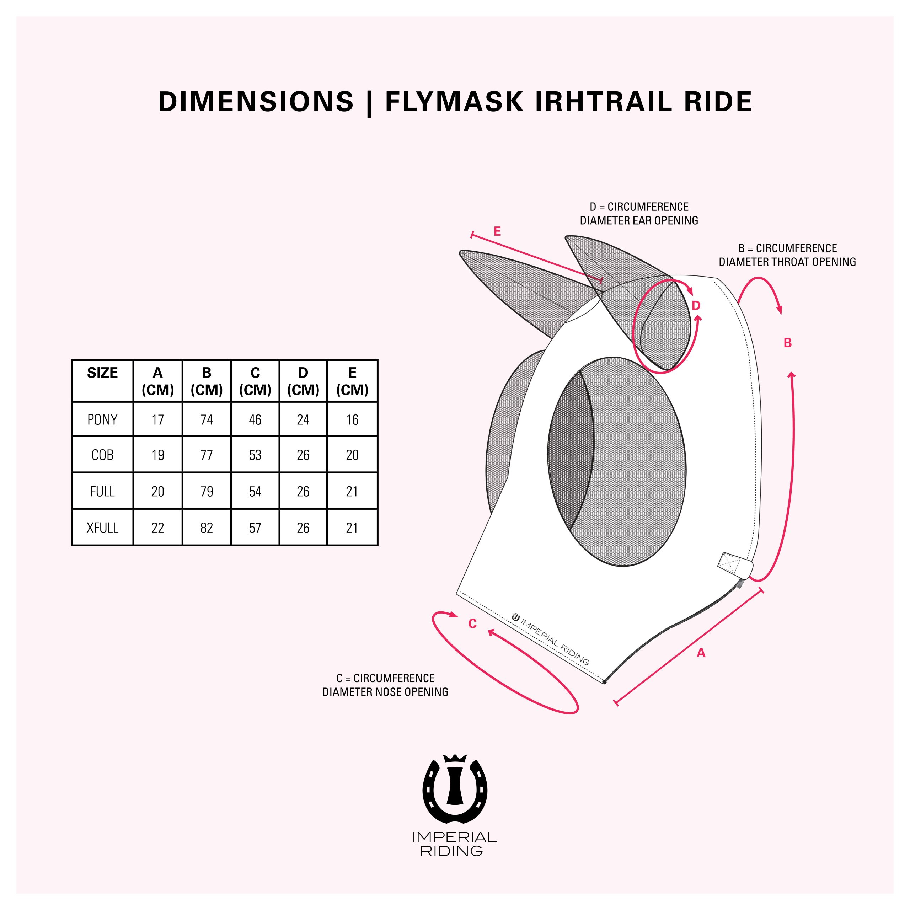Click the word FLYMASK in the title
(454, 102)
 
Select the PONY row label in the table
(102, 419)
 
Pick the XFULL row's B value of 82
(206, 528)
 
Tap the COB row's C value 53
(255, 455)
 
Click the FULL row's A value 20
(157, 492)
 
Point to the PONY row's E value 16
(352, 419)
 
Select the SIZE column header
(102, 373)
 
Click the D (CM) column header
(303, 381)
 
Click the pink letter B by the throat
(787, 343)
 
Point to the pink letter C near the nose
(472, 623)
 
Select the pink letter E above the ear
(497, 231)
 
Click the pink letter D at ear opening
(696, 306)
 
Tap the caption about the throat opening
(787, 255)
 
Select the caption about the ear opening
(639, 213)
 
